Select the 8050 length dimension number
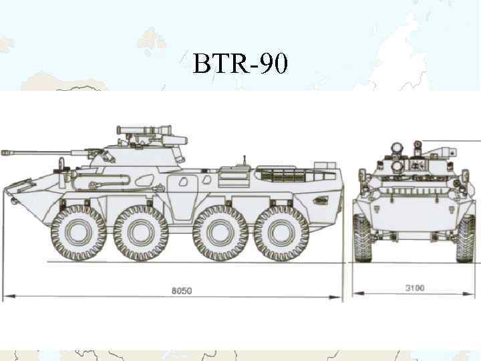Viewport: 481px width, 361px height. click(x=181, y=291)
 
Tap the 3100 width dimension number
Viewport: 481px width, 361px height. click(x=415, y=288)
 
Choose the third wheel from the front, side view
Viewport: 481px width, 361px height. click(x=220, y=233)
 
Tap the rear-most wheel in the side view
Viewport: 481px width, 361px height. click(x=281, y=233)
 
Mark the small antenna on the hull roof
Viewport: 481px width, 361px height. click(x=245, y=161)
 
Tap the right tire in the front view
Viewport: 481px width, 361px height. click(x=466, y=238)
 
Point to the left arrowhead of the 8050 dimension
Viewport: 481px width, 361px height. click(x=6, y=295)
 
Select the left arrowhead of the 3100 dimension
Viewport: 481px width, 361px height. click(x=356, y=292)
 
